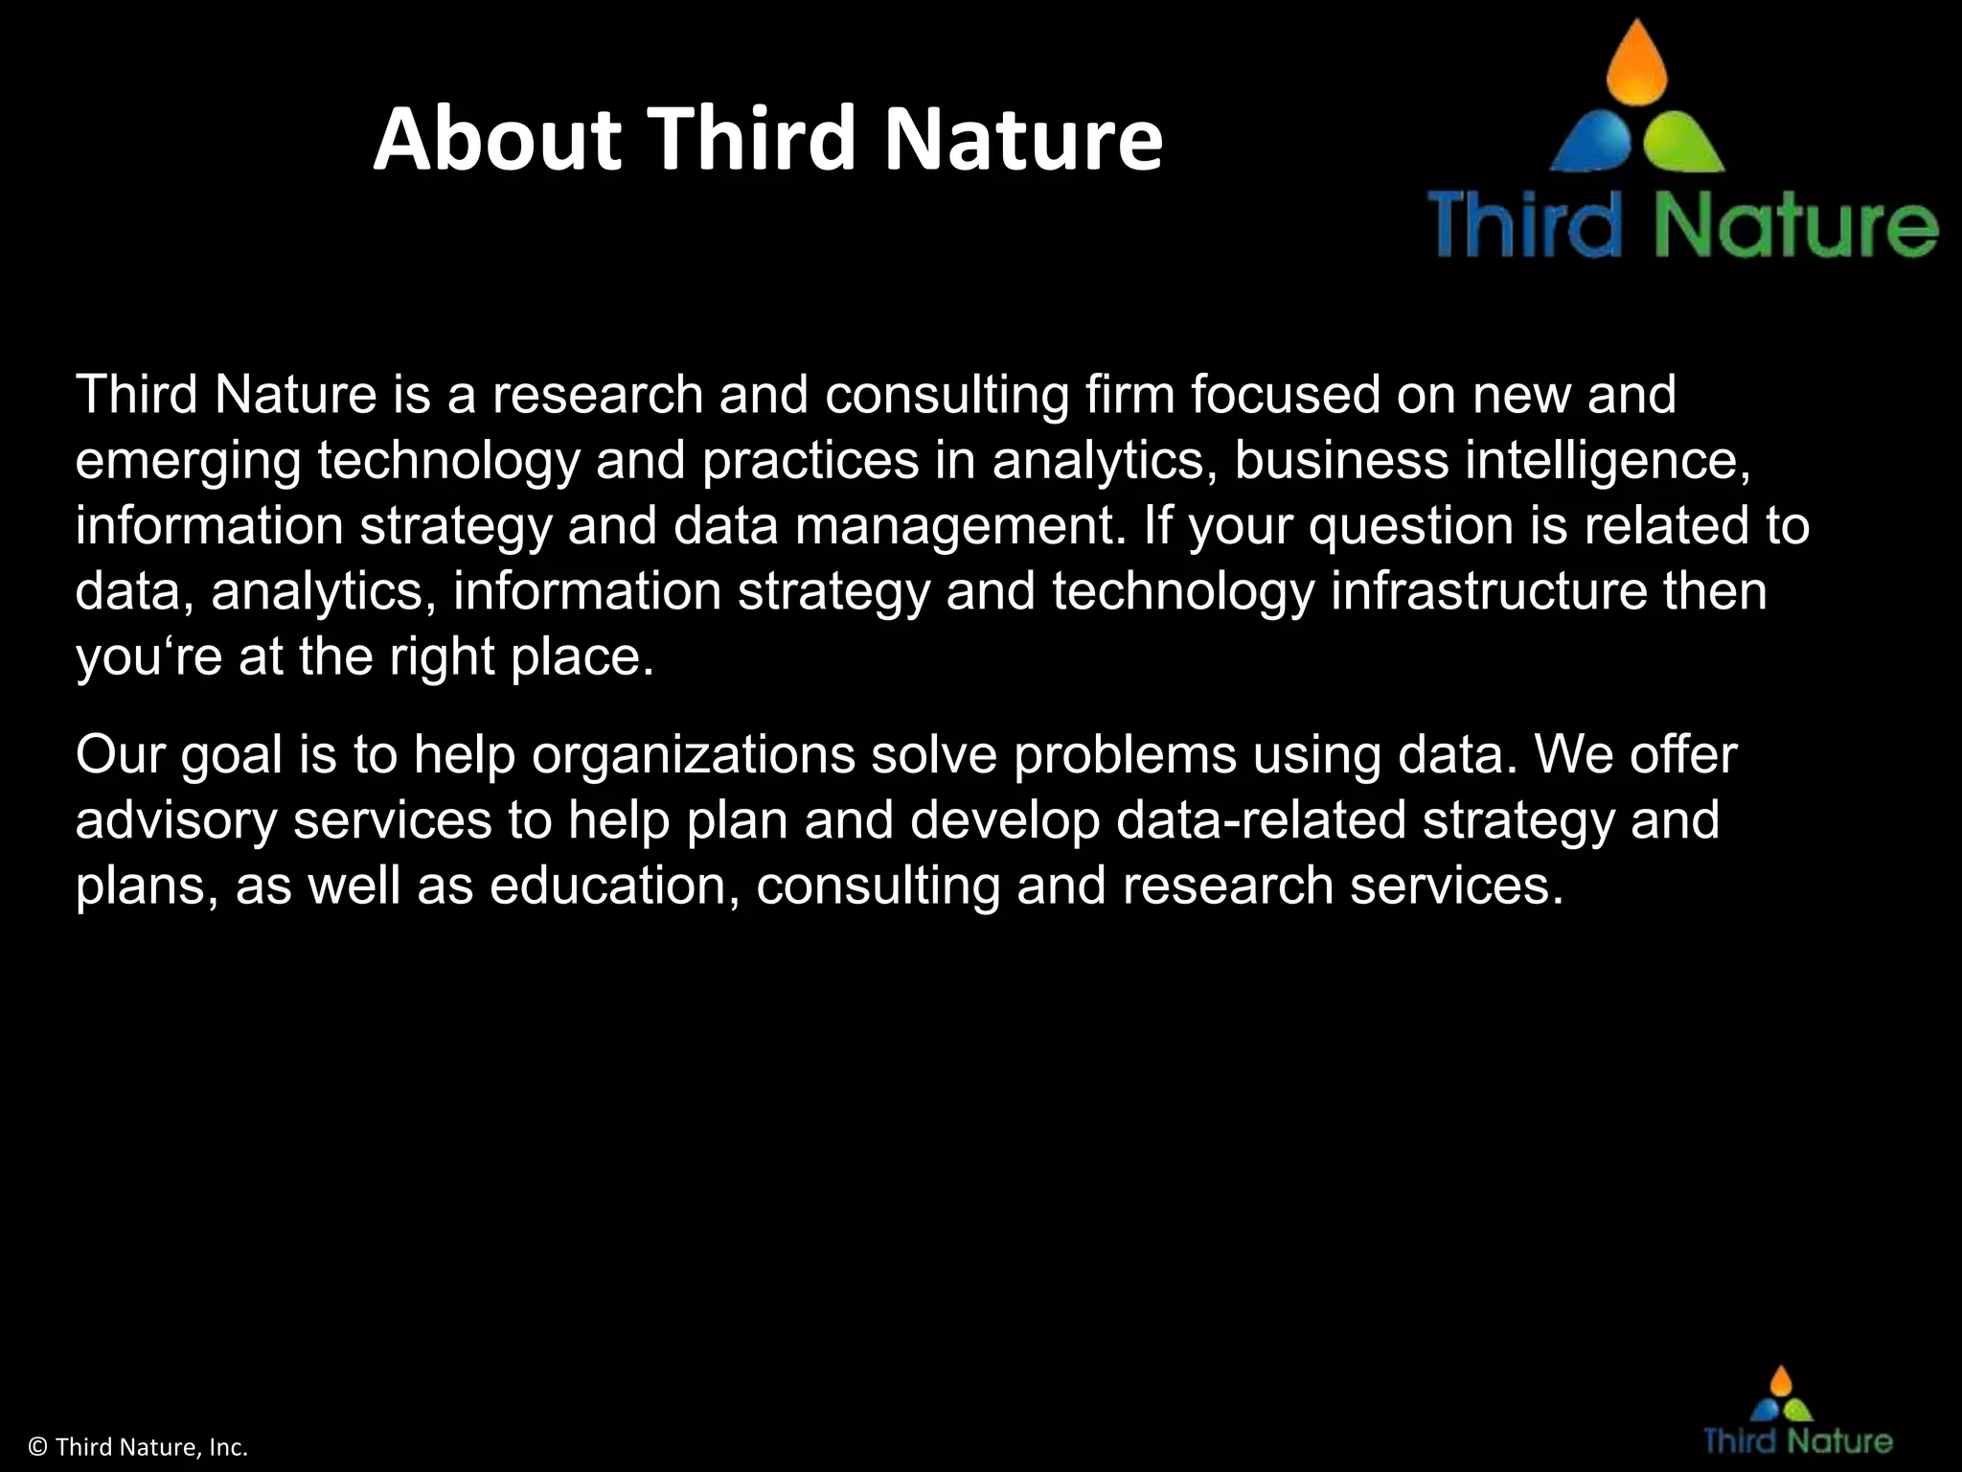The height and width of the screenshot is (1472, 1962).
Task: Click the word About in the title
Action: [498, 139]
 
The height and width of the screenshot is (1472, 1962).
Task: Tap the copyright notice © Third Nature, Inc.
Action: [139, 1447]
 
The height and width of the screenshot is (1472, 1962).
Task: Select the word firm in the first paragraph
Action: [1129, 395]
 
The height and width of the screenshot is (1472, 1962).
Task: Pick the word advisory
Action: [175, 820]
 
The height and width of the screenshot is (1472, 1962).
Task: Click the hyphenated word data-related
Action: [1261, 820]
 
